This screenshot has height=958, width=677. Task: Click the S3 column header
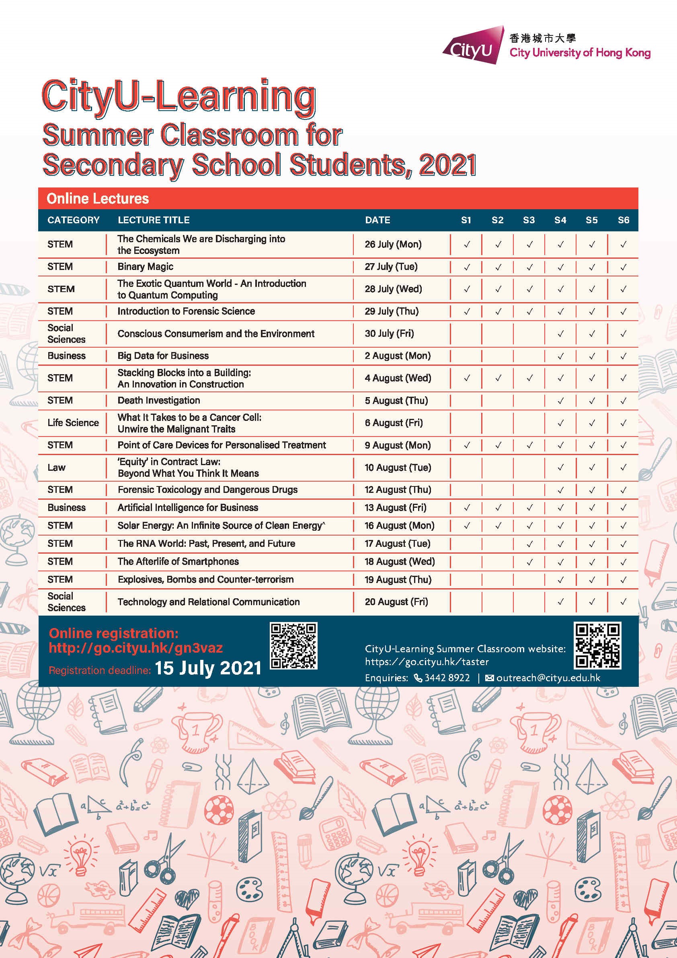pos(529,220)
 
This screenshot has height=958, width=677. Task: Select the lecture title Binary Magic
pos(145,267)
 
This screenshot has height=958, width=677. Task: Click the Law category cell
pos(56,467)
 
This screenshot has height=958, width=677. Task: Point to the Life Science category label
pos(73,423)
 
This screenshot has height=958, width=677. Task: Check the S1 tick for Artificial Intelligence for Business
pos(466,507)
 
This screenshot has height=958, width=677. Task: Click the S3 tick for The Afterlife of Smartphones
pos(529,562)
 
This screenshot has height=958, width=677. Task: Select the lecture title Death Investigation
pos(158,401)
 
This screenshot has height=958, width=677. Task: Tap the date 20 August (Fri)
pos(396,602)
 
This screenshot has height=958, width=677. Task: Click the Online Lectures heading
pos(98,199)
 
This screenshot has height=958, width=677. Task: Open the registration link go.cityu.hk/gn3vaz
pos(136,647)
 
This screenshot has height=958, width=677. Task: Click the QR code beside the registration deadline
pos(293,645)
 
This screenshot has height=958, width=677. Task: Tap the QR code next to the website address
pos(597,645)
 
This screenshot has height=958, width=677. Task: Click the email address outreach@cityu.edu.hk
pos(548,678)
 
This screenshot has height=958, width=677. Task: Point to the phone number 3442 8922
pos(447,678)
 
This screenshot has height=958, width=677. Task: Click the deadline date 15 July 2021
pos(207,668)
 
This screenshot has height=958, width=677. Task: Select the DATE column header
pos(377,220)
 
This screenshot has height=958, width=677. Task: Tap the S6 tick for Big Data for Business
pos(623,356)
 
